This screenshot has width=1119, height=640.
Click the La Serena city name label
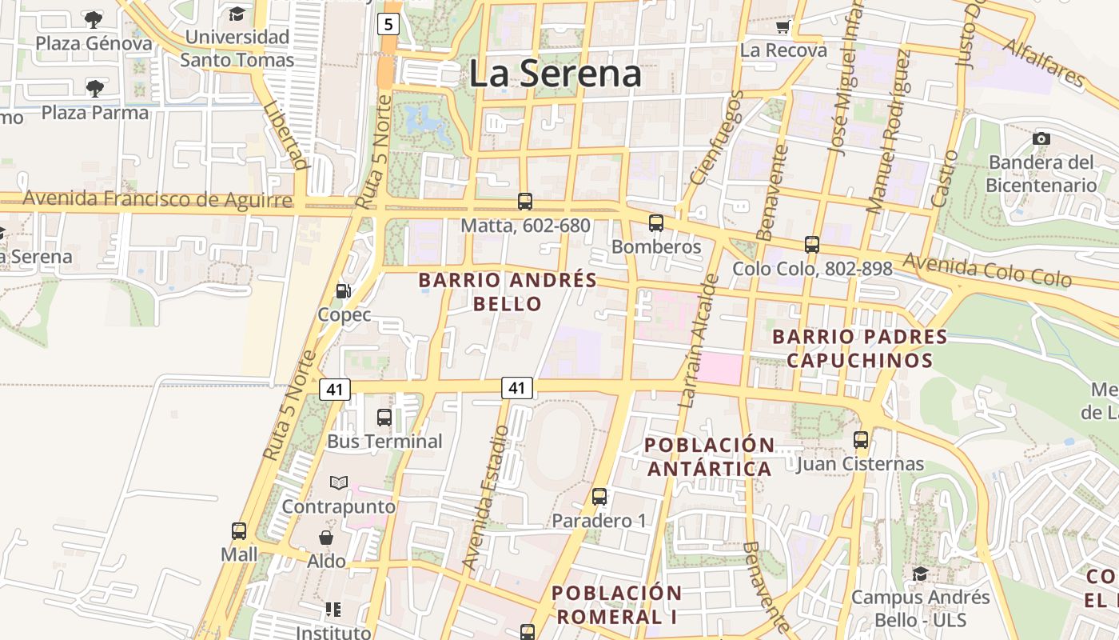[555, 74]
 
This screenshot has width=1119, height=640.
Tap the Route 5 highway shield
[388, 24]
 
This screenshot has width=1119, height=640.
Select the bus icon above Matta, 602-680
[525, 202]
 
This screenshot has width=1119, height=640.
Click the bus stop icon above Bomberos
[656, 223]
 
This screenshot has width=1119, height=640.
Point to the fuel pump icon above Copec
[344, 291]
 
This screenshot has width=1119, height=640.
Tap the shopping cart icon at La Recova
[783, 26]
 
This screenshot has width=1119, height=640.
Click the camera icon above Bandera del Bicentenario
[1041, 138]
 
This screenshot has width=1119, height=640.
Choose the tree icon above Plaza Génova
[94, 19]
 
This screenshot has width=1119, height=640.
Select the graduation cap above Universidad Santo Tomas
[237, 14]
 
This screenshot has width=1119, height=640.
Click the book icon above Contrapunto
[339, 482]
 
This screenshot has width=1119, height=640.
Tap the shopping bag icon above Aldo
[326, 537]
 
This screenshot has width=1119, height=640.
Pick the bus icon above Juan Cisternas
[861, 439]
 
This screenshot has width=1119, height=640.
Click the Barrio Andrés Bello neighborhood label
[508, 292]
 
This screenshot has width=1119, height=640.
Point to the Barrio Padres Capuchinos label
[860, 348]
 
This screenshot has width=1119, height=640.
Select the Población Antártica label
[710, 456]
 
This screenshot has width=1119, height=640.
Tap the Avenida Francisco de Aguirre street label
[157, 198]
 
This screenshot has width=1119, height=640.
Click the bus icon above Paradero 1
[599, 497]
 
